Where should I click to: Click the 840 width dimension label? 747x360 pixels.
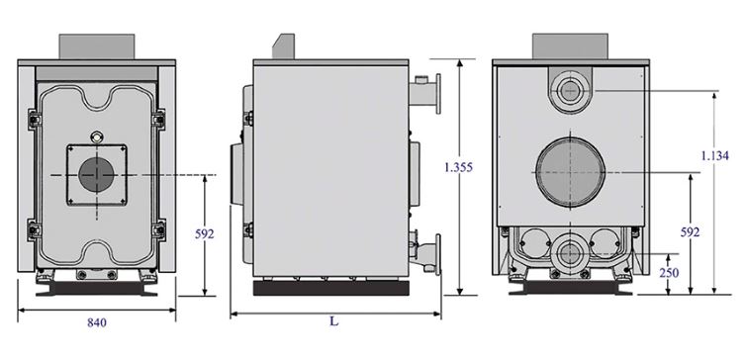tap(97, 322)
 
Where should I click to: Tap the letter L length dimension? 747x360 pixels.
tap(334, 321)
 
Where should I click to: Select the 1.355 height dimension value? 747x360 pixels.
tap(458, 167)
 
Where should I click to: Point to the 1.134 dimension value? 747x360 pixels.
tap(714, 155)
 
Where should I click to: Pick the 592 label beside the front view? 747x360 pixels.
tap(205, 234)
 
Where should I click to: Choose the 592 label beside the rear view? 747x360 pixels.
tap(690, 232)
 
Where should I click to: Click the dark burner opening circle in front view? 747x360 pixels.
tap(97, 175)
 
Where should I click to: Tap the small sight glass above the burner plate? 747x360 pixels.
tap(97, 137)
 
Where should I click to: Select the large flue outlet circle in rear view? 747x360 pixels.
tap(570, 172)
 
